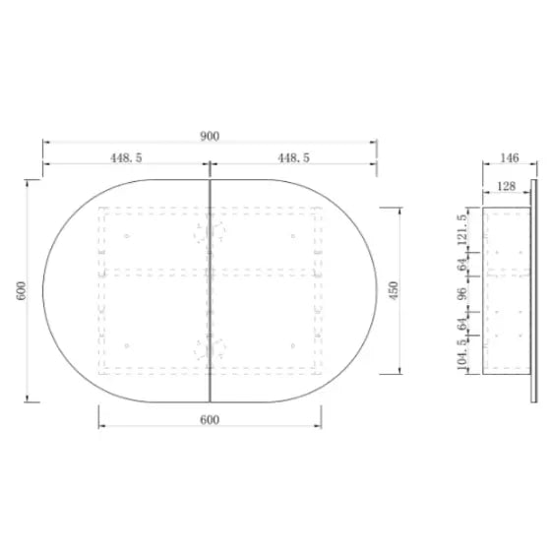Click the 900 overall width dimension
[210, 136]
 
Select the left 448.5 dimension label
[126, 157]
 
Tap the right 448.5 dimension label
[294, 157]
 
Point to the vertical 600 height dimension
[21, 290]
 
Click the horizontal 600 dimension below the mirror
[210, 419]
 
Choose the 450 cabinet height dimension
[394, 290]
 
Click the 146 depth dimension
[510, 157]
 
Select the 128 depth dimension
[507, 186]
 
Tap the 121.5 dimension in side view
[462, 229]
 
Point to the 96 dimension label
[462, 293]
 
